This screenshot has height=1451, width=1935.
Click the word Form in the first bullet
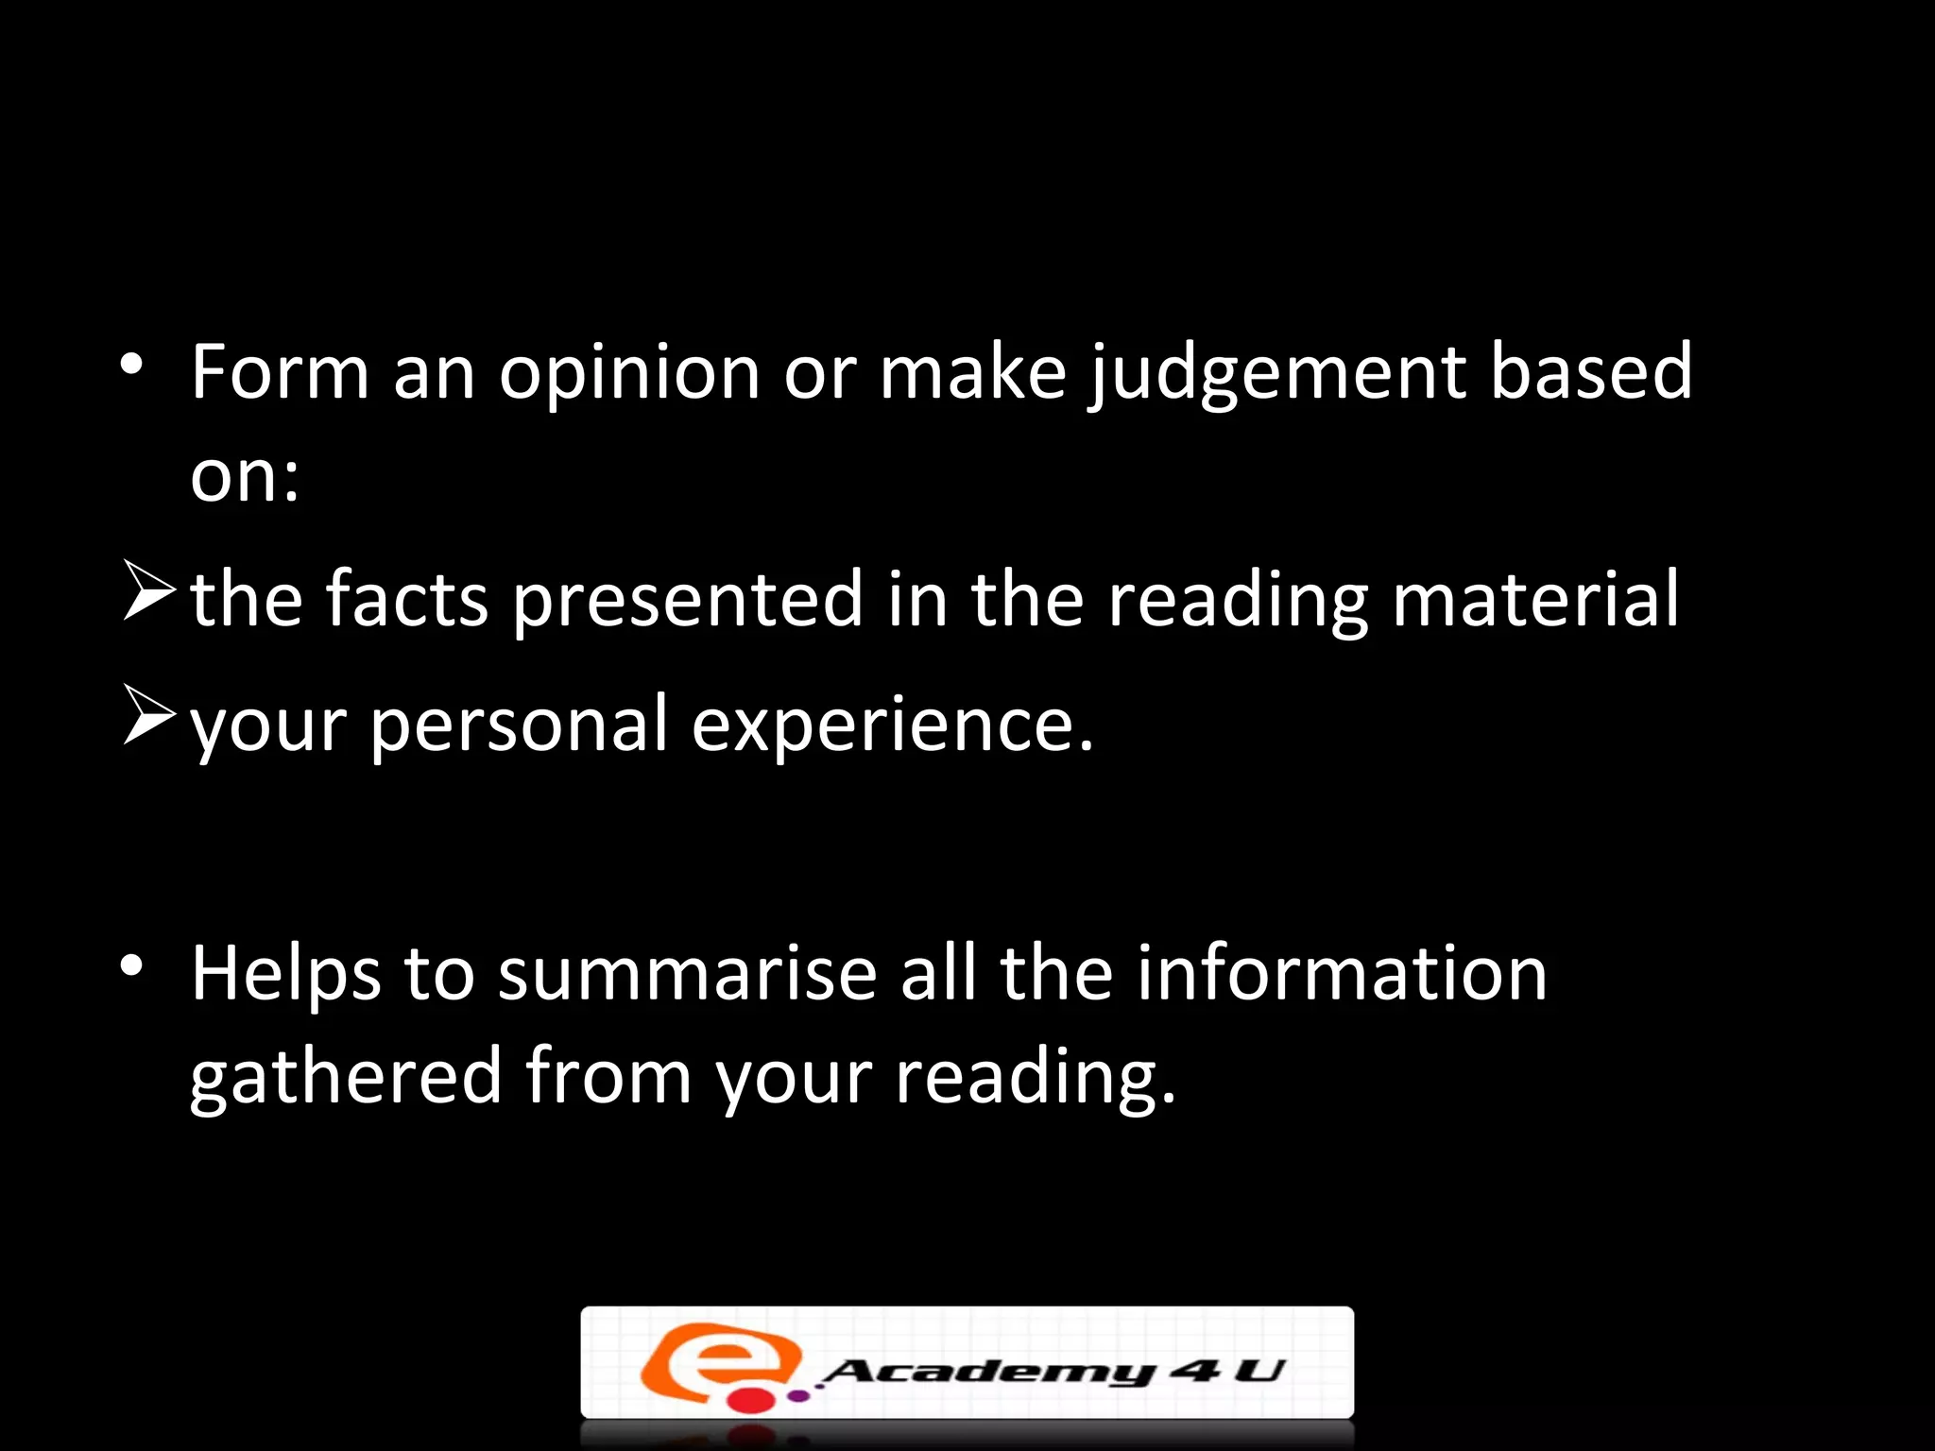(279, 373)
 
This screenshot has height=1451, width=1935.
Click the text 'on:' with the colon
(245, 476)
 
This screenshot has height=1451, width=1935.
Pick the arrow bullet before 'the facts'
(149, 589)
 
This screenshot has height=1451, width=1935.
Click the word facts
(406, 599)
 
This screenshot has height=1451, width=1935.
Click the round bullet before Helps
(131, 965)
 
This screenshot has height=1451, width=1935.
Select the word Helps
(285, 974)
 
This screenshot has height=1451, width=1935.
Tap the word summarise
(687, 974)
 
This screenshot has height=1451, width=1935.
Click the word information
(1341, 974)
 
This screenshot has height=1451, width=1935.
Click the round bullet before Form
(131, 364)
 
